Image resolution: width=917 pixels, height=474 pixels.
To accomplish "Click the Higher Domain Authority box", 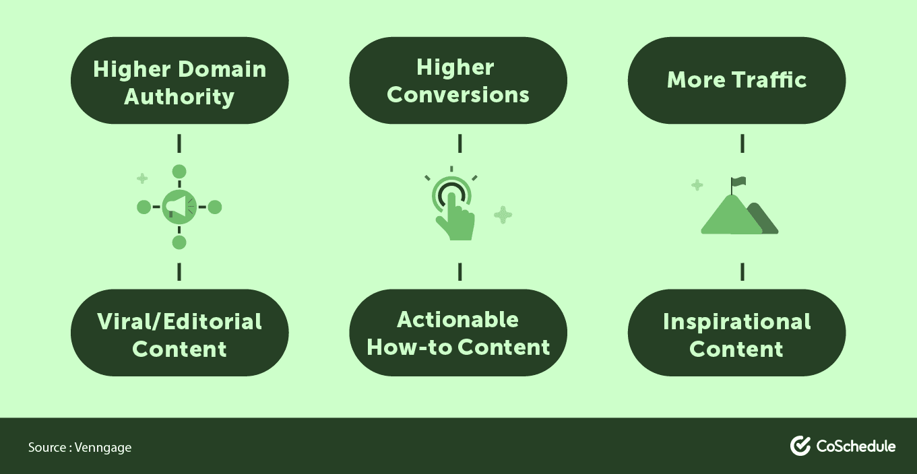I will (x=179, y=81).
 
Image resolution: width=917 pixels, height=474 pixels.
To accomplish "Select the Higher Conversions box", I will (x=458, y=81).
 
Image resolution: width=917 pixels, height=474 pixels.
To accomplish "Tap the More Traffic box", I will (x=736, y=81).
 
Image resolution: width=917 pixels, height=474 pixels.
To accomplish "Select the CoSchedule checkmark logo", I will (x=800, y=446).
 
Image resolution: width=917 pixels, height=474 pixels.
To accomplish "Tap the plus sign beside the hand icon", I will (x=503, y=215).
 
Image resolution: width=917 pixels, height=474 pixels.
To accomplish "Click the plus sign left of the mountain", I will (x=697, y=184).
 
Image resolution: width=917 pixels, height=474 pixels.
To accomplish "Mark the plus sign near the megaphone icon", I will (x=142, y=178).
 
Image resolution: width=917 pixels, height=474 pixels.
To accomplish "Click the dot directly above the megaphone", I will (x=179, y=172).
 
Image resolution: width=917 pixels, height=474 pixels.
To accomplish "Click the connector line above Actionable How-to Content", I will (x=460, y=271).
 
